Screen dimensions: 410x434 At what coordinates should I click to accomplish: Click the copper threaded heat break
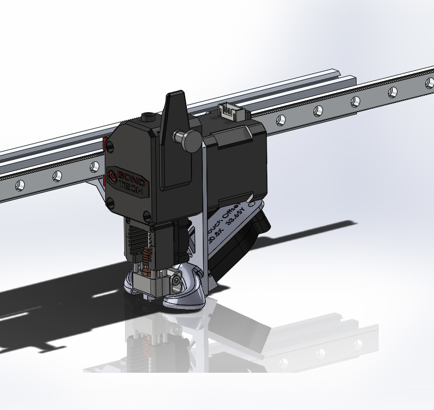pyautogui.click(x=146, y=256)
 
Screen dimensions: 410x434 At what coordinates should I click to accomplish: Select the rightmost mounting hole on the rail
pyautogui.click(x=429, y=82)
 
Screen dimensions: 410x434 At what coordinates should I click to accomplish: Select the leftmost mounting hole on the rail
pyautogui.click(x=20, y=185)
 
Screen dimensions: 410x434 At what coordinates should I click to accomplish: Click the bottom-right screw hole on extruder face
pyautogui.click(x=147, y=216)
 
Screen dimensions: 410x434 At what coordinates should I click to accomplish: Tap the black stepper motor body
pyautogui.click(x=237, y=160)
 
